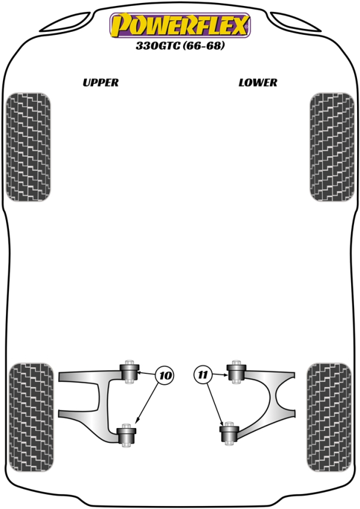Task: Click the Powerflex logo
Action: [180, 25]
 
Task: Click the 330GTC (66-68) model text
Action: [180, 46]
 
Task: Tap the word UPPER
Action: [101, 82]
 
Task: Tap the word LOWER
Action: [258, 82]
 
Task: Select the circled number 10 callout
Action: [165, 376]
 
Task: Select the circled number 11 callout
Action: [203, 375]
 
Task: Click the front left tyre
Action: [28, 147]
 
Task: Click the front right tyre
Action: [332, 147]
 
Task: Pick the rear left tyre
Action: [31, 417]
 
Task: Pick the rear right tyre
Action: [329, 417]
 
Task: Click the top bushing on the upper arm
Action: [130, 372]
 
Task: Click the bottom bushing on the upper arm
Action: [126, 435]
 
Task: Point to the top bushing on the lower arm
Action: [236, 372]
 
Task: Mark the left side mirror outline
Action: [66, 22]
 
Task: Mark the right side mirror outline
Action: [296, 22]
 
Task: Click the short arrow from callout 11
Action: [219, 375]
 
